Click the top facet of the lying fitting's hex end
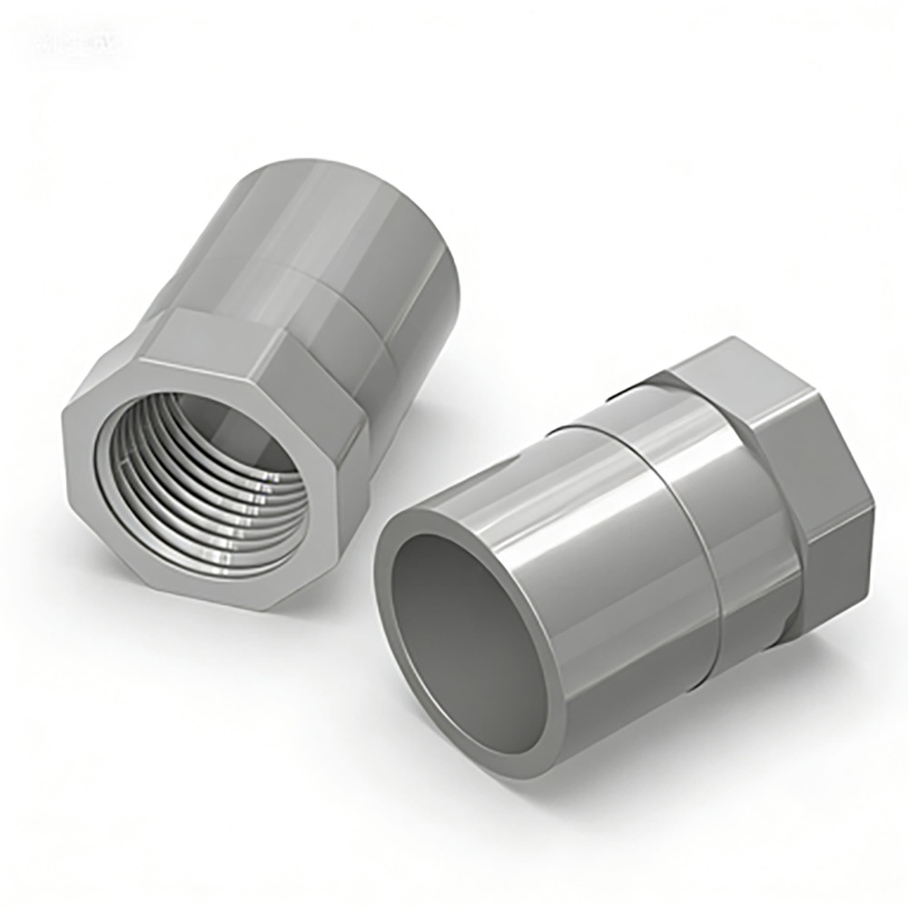click(x=726, y=363)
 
